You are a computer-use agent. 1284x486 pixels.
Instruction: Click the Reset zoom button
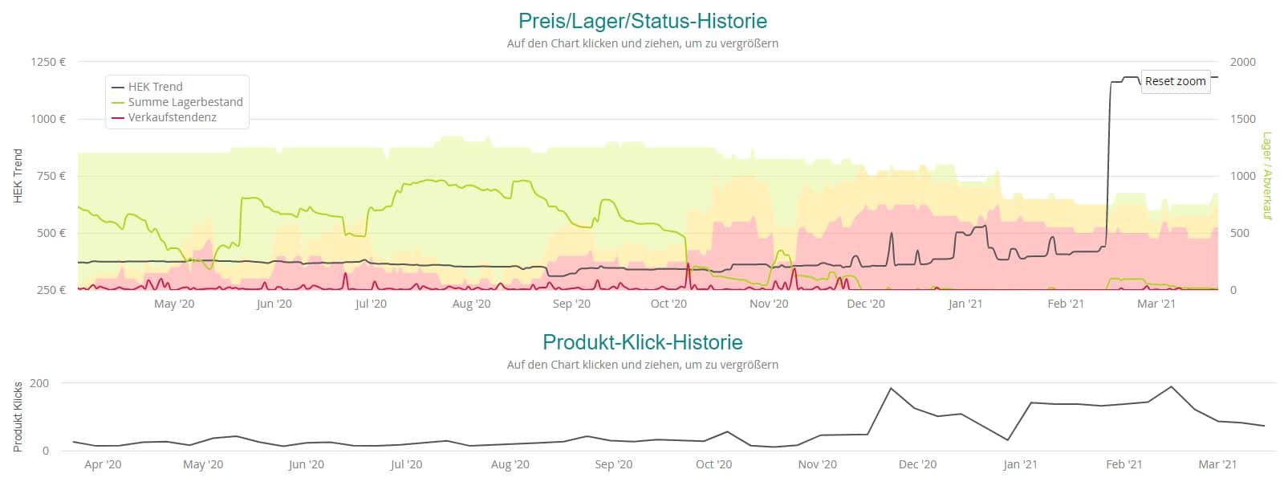pos(1175,81)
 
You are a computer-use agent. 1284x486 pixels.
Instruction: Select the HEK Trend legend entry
pos(155,87)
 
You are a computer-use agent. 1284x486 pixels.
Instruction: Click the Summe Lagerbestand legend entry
pos(185,102)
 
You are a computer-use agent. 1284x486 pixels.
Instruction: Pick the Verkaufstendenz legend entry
pos(172,117)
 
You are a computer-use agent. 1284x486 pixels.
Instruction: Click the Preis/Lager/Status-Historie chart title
pos(642,21)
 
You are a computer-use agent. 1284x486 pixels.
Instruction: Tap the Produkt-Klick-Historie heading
pos(642,342)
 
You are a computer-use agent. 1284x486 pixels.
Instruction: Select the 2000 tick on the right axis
pos(1243,62)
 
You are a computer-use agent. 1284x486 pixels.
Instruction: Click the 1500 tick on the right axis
pos(1243,119)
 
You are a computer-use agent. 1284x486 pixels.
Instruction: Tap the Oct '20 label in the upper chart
pos(668,304)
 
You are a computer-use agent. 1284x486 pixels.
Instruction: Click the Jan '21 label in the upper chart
pos(965,304)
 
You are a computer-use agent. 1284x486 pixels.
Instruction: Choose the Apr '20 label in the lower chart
pos(103,464)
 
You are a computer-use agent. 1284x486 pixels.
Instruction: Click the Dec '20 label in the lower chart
pos(917,464)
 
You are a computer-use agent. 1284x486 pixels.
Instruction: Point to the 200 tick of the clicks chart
pos(39,383)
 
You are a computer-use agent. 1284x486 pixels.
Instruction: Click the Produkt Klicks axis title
pos(18,417)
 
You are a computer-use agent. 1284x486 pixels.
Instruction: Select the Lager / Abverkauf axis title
pos(1268,176)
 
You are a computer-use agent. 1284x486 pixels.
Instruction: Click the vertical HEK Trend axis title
pos(18,176)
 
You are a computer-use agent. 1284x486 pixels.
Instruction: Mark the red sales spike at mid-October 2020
pos(688,265)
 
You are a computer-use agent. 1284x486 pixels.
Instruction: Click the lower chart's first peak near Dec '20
pos(891,388)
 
